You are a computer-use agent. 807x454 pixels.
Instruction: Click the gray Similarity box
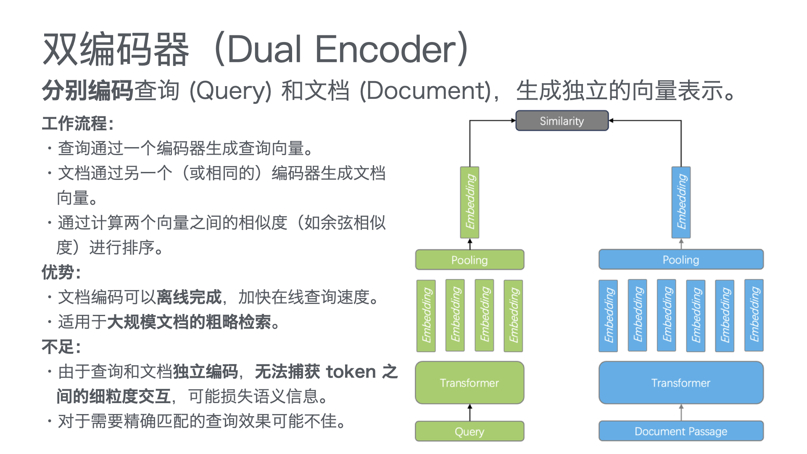point(562,121)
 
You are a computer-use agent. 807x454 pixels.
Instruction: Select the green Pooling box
point(469,260)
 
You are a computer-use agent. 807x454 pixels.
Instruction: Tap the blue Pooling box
point(680,260)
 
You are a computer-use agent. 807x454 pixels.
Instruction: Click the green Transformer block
point(469,383)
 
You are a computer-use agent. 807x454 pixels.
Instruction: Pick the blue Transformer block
point(680,383)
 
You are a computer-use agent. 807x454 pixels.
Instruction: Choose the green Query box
point(469,431)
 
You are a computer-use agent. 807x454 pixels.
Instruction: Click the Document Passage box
point(680,431)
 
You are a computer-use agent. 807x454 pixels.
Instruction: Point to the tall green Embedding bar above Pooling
point(470,202)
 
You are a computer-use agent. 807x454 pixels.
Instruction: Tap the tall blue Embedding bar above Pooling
point(681,202)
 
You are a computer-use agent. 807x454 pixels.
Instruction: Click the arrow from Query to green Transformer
point(470,413)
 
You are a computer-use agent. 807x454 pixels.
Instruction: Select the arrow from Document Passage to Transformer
point(681,413)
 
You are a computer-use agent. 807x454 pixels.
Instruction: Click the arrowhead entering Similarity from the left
point(513,121)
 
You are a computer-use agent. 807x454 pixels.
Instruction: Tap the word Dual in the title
point(264,49)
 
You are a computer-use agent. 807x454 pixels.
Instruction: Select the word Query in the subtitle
point(230,91)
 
